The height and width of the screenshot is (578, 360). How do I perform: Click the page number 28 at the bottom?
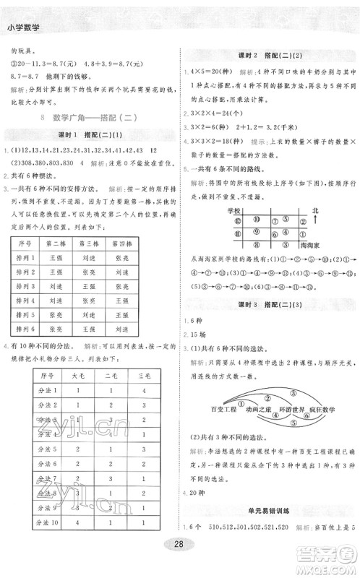click(179, 563)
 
